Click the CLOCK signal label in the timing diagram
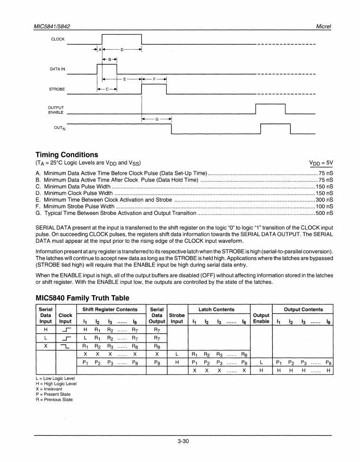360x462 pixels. (58, 39)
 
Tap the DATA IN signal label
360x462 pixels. (58, 69)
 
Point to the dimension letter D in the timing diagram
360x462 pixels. (122, 49)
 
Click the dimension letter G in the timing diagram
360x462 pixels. (156, 120)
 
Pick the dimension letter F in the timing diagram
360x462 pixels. (154, 79)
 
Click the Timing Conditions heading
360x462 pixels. (67, 154)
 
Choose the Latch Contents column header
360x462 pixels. (216, 309)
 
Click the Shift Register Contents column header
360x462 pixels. (110, 309)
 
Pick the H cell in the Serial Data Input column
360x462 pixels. (45, 329)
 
